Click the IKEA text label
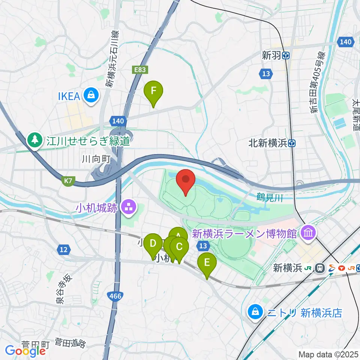click(69, 96)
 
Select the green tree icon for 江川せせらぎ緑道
click(35, 140)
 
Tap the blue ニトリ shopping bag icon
click(255, 312)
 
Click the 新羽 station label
click(271, 55)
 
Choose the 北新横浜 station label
click(269, 143)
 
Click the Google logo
click(25, 351)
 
